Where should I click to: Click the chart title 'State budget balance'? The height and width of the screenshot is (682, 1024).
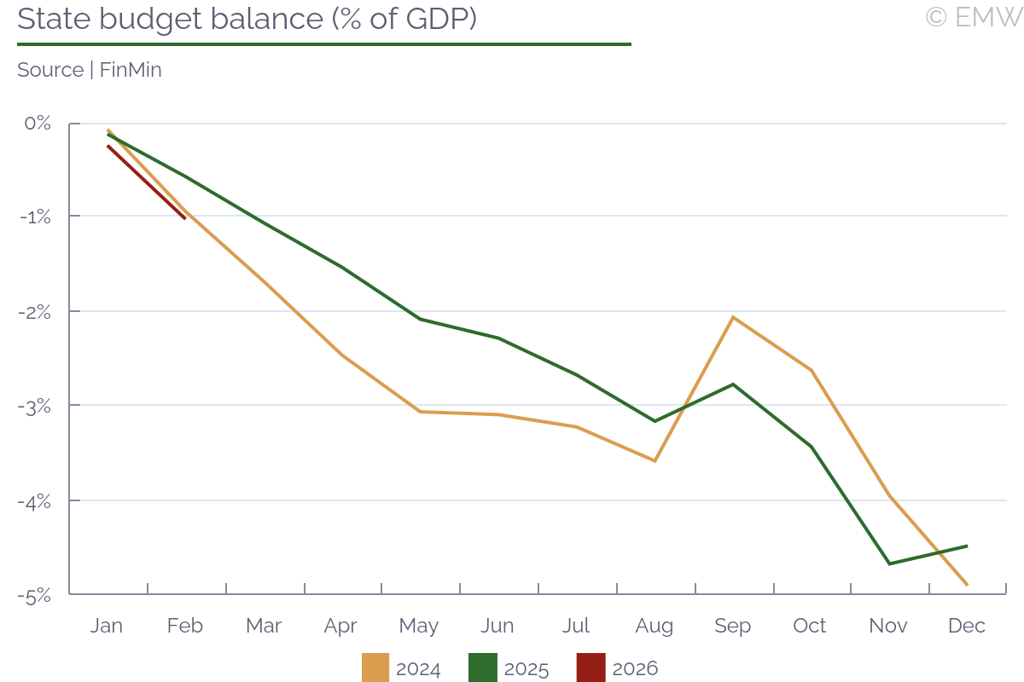(x=247, y=19)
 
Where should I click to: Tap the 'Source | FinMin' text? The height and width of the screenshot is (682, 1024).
(x=90, y=70)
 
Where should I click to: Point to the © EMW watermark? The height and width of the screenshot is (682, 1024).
(x=973, y=17)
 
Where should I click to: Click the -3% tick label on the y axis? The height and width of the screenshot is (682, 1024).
(x=35, y=406)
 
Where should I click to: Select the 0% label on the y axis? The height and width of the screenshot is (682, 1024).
(x=38, y=124)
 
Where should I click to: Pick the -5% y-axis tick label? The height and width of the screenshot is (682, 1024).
(x=35, y=595)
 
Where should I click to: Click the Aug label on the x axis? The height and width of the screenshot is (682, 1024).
(x=655, y=626)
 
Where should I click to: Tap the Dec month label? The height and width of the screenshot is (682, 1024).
(x=967, y=626)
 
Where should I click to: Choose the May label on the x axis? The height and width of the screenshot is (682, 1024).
(x=419, y=626)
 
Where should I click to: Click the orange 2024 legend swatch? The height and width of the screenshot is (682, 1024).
(x=375, y=668)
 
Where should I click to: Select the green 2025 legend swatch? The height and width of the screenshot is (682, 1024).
(x=483, y=668)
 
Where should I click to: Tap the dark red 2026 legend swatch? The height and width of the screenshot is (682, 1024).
(x=591, y=668)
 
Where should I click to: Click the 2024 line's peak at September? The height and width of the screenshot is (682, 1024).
(x=733, y=317)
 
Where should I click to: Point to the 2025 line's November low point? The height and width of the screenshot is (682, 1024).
(x=889, y=564)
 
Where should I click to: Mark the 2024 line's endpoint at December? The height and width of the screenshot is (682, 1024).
(x=967, y=585)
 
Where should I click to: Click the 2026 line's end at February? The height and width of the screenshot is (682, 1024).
(x=185, y=219)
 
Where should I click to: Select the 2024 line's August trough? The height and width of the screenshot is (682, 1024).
(x=655, y=461)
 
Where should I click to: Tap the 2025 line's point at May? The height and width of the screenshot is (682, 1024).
(x=419, y=319)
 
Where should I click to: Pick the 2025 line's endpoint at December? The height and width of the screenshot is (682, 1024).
(x=967, y=546)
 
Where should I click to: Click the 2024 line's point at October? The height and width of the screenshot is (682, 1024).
(x=811, y=370)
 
